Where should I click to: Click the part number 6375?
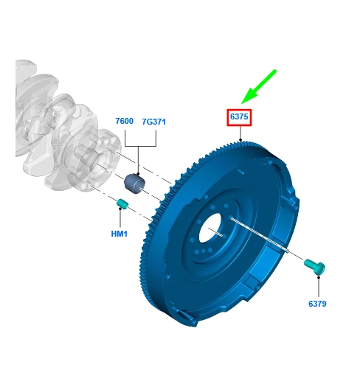click(x=239, y=116)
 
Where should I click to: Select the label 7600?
click(x=124, y=121)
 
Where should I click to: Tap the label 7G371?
click(x=153, y=122)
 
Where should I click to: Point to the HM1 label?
click(x=119, y=234)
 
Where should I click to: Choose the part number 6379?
click(x=317, y=304)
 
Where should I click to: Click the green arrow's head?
click(x=249, y=96)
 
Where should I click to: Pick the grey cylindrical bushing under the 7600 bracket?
click(x=134, y=184)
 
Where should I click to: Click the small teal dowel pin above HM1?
click(x=122, y=203)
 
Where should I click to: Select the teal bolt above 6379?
click(x=314, y=267)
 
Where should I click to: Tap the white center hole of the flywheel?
click(x=210, y=228)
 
